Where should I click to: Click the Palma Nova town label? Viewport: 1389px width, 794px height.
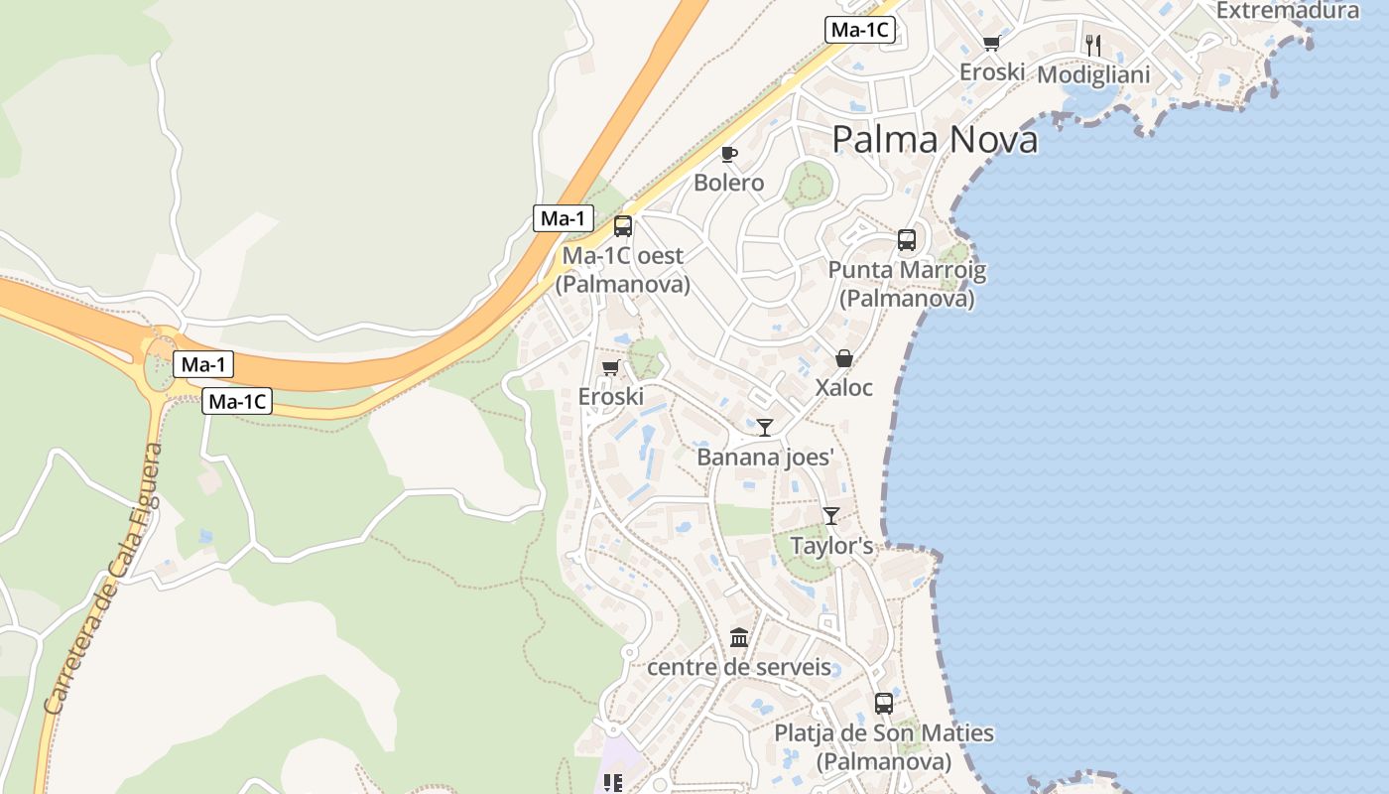point(935,139)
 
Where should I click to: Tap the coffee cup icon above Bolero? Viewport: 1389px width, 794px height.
point(729,154)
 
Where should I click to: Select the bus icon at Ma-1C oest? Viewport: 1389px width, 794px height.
point(623,225)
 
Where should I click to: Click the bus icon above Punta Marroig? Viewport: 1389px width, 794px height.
point(907,239)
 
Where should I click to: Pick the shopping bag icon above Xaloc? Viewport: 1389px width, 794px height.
point(844,358)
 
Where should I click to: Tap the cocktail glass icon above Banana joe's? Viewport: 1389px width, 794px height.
point(765,428)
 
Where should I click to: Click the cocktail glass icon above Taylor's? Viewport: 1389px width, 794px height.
point(831,516)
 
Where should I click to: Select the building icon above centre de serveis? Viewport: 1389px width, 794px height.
point(739,637)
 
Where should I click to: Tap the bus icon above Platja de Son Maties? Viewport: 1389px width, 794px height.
point(884,704)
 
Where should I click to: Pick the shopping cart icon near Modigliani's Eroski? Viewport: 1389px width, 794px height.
point(991,43)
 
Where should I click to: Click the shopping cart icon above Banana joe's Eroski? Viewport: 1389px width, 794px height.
point(610,368)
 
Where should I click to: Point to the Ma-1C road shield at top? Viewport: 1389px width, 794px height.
point(860,30)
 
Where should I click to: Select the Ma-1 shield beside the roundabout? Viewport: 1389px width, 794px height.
point(204,364)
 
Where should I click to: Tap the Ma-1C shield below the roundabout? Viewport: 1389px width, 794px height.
point(237,402)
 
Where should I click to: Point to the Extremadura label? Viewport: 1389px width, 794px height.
point(1287,11)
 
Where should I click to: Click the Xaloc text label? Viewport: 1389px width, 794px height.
point(844,387)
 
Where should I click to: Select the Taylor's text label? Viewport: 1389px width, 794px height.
point(831,546)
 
